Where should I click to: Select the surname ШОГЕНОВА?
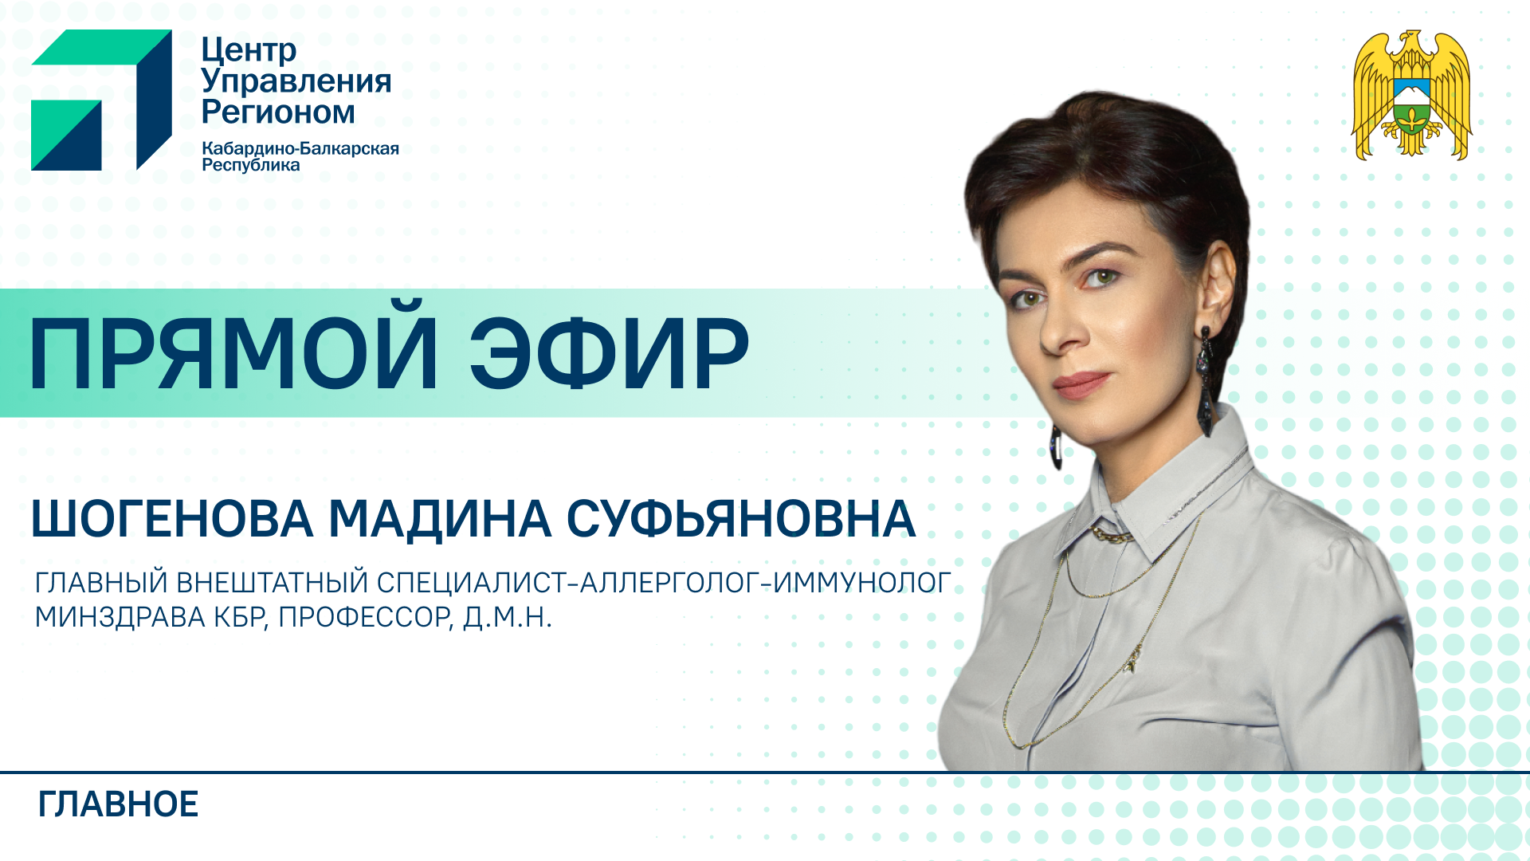(x=172, y=519)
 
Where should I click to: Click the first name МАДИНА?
(x=440, y=520)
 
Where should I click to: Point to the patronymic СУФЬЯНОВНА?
(x=741, y=519)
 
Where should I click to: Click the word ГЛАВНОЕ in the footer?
(x=118, y=804)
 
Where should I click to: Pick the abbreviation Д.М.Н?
(x=508, y=618)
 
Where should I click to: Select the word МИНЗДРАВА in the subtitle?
(x=120, y=617)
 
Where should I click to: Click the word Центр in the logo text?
(x=249, y=50)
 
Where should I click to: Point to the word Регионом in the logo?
(x=278, y=112)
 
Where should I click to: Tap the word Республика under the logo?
(x=251, y=165)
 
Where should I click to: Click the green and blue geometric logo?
(x=101, y=100)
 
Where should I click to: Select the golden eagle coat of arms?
(x=1411, y=95)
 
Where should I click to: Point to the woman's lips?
(x=1082, y=384)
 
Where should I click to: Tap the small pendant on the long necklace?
(x=1130, y=662)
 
